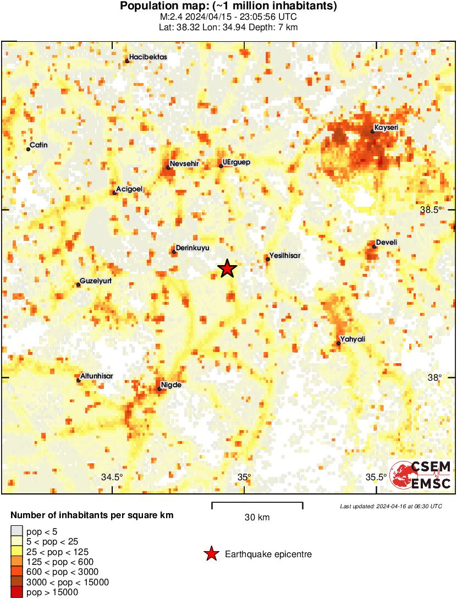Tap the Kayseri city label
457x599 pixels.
pos(386,128)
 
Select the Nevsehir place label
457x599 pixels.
pos(184,163)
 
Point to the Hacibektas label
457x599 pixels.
pos(148,57)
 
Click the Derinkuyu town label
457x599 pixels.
pos(192,249)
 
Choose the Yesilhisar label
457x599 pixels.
pos(285,255)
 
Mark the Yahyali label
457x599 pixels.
pos(353,339)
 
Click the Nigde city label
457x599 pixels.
pos(171,385)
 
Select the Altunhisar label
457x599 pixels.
pos(97,376)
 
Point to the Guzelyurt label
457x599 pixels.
pos(96,281)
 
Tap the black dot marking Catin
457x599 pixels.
pos(28,149)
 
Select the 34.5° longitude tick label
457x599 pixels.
pos(113,477)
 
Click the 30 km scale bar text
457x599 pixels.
pos(257,518)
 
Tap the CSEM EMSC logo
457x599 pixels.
pos(421,475)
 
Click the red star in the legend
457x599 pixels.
pos(211,554)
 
